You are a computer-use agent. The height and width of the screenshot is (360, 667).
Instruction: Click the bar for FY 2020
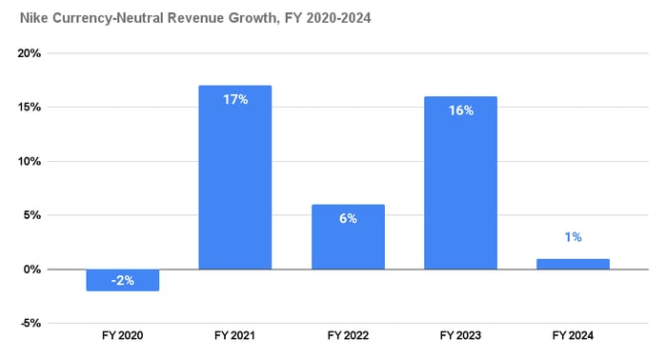tap(122, 280)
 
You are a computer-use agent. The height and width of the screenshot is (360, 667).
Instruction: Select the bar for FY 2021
tap(234, 177)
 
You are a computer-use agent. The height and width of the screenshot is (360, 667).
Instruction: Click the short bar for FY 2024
tap(573, 264)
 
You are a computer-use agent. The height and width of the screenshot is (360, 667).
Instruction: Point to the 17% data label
tap(234, 99)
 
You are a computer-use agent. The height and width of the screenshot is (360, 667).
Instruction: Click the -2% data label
tap(122, 279)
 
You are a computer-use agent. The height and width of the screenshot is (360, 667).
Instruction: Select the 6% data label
tap(348, 218)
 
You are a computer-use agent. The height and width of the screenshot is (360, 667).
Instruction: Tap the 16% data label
tap(460, 110)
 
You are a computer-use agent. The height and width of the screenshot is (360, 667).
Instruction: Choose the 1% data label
tap(573, 237)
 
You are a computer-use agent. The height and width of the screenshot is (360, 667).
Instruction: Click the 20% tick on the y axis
tap(30, 53)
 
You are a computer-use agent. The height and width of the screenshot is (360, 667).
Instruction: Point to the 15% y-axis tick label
tap(30, 108)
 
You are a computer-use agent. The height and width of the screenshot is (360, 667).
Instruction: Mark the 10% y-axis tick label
tap(30, 162)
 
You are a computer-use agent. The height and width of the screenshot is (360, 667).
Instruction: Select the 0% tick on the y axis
tap(32, 270)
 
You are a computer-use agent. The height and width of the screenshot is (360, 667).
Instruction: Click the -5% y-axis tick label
tap(30, 324)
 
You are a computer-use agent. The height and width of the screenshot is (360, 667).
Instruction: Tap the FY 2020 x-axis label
tap(122, 336)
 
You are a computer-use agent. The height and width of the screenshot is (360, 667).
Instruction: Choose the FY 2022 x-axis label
tap(348, 336)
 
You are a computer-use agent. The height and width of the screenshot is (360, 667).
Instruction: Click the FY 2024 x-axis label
tap(573, 336)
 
